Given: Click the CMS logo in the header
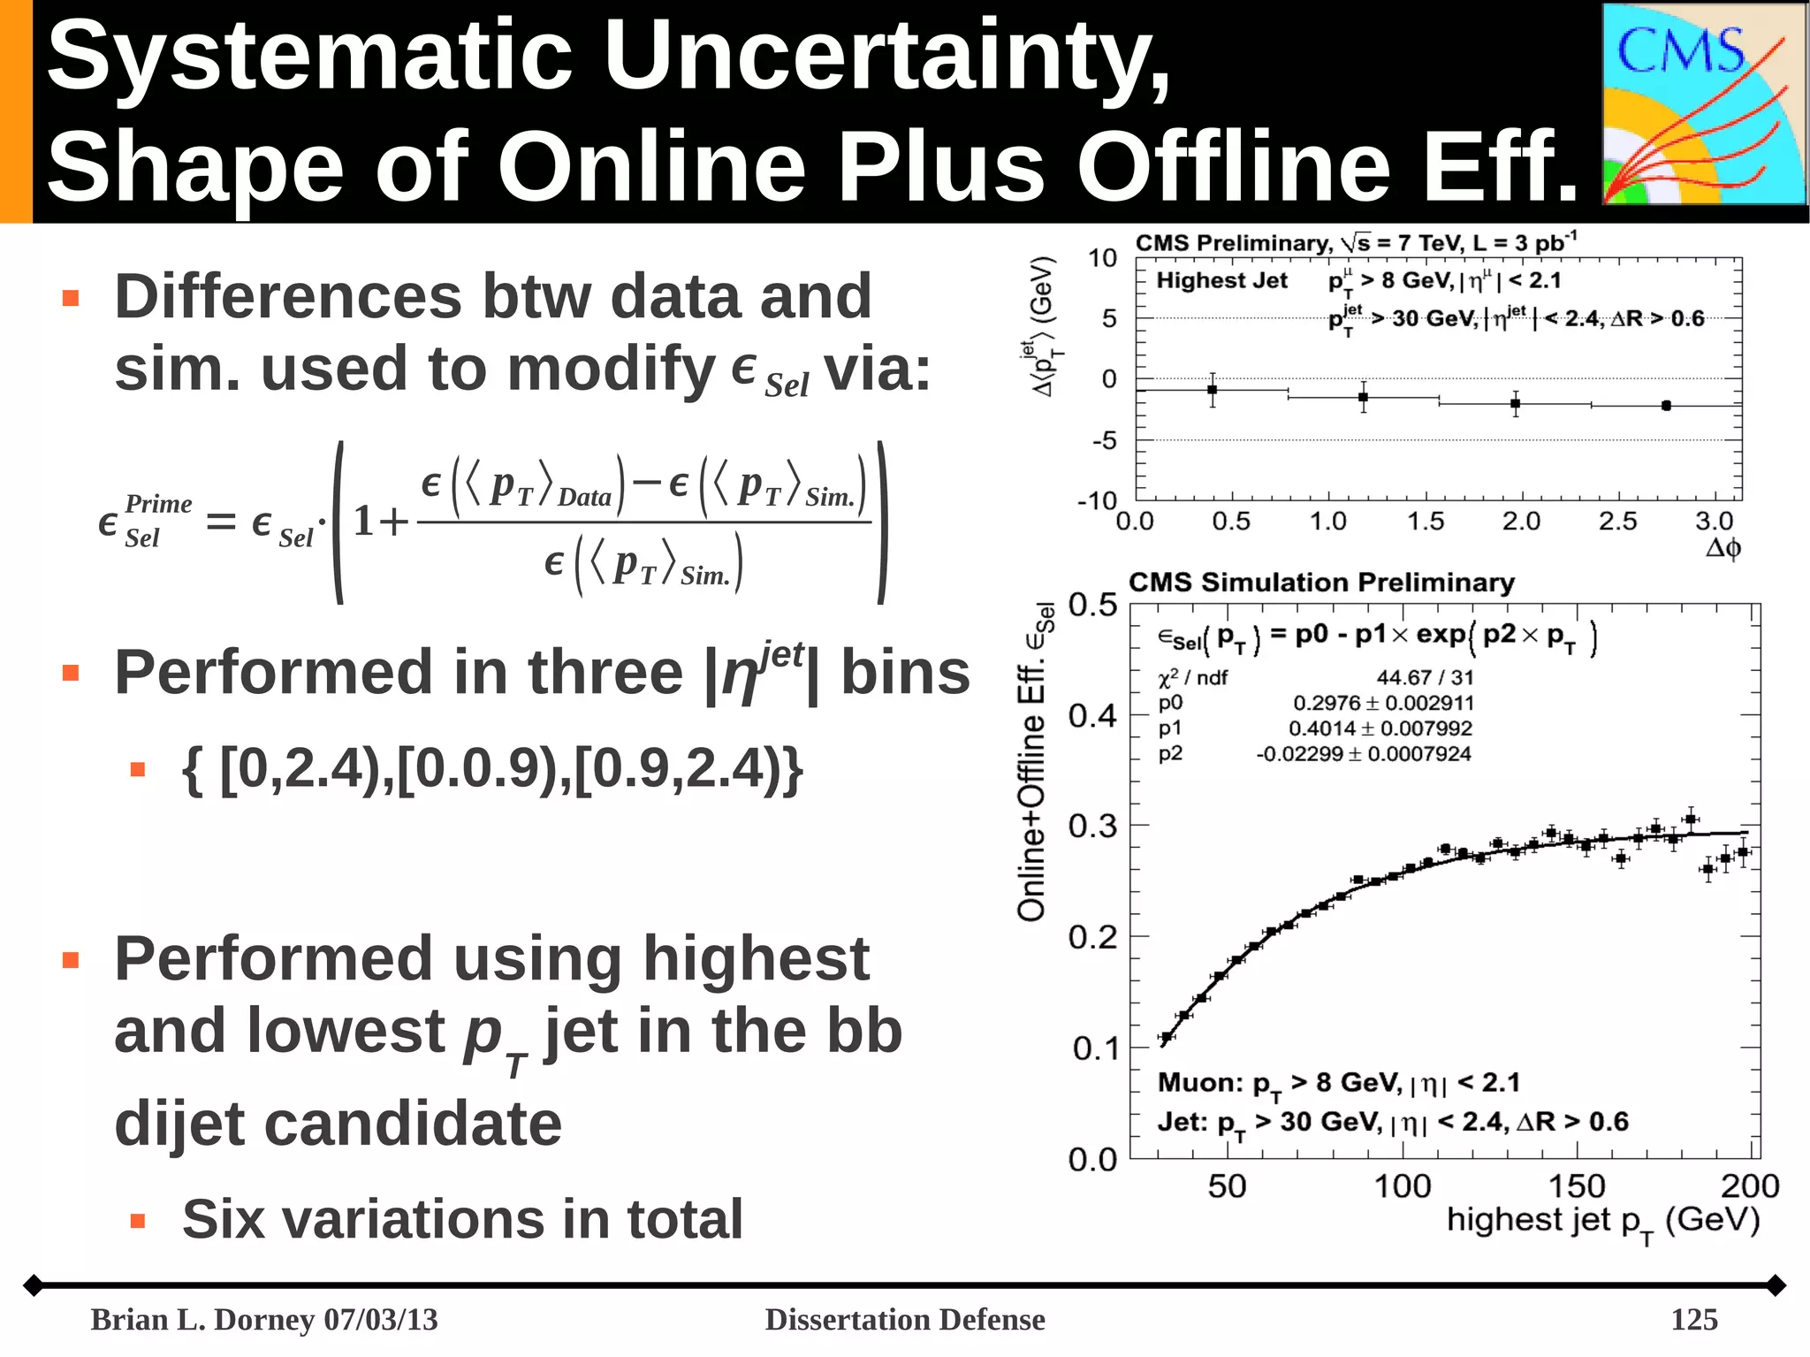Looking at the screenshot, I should [1704, 104].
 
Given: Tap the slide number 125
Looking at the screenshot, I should [1693, 1319].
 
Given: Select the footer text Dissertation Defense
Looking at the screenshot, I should [904, 1319].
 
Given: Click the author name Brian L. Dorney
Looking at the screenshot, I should [203, 1319].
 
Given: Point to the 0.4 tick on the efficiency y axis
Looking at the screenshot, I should [1093, 715].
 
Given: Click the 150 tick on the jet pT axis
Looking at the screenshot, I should [1576, 1185].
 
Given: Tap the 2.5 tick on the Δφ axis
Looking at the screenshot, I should [1617, 522].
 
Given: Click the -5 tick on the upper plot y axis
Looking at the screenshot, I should [1105, 440].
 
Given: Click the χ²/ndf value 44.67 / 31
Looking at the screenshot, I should [1425, 677].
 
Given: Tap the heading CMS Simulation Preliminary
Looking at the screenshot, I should [1321, 583].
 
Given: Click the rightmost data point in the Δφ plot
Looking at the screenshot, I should [1666, 406].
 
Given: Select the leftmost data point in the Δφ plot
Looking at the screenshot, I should [1213, 390].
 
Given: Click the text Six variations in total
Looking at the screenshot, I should [462, 1219].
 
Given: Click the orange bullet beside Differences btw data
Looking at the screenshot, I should [71, 298].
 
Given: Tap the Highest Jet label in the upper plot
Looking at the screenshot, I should [1221, 280].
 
